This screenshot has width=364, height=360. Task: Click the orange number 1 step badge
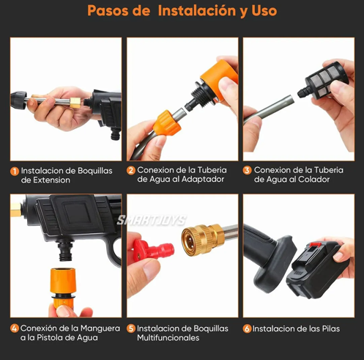click(x=14, y=171)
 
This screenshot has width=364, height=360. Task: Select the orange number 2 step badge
click(x=130, y=170)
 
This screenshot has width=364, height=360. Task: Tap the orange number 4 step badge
click(x=14, y=328)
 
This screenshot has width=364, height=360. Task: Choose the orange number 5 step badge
click(x=130, y=328)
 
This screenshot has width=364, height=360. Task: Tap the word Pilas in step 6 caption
click(x=327, y=329)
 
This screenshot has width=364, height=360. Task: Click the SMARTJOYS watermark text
click(x=152, y=220)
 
